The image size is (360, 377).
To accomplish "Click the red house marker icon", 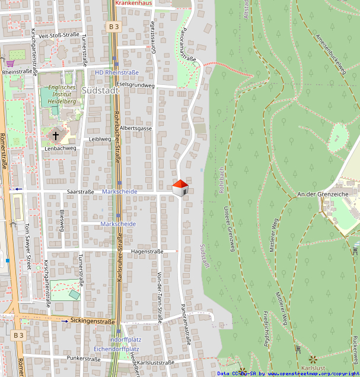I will tap(180, 188).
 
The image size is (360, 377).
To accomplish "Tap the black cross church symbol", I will tap(56, 135).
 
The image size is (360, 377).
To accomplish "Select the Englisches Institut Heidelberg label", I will tap(58, 94).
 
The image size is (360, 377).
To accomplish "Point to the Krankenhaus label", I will tap(134, 3).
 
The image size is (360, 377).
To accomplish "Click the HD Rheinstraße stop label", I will tap(117, 72).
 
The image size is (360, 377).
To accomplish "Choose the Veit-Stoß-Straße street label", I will tap(59, 35).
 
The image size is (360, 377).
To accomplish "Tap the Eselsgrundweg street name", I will tap(136, 85).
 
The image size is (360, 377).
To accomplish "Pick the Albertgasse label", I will tap(136, 128).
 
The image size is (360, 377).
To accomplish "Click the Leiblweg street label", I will tap(100, 139).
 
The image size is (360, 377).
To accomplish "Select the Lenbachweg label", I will tap(60, 148).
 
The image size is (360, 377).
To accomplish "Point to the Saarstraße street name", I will tap(81, 192).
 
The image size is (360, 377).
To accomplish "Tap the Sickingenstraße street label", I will tap(93, 321).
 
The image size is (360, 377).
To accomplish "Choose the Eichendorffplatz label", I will tap(117, 349).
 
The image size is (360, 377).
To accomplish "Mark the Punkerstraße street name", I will tap(84, 359).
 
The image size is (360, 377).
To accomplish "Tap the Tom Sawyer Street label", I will tap(27, 246).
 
